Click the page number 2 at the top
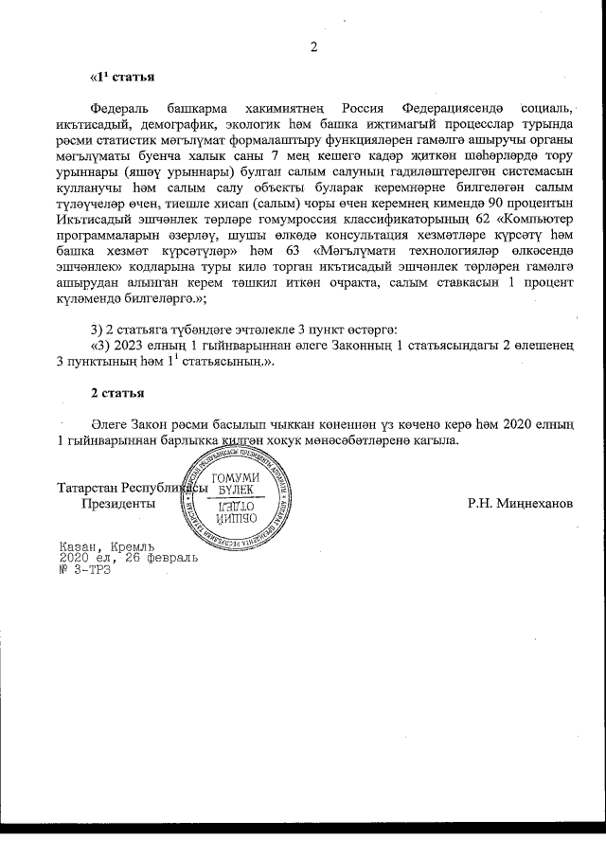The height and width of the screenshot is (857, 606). pos(314,46)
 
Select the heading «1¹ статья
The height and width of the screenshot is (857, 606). pos(121,75)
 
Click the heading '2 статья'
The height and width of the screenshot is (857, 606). pos(117,391)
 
